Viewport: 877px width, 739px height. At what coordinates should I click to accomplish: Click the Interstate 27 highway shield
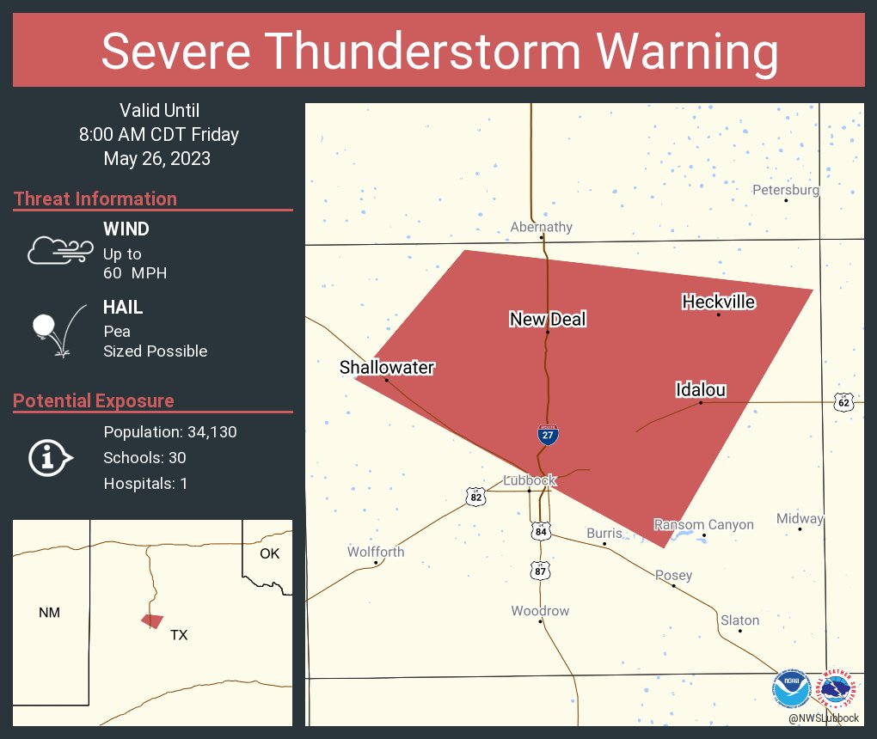pyautogui.click(x=548, y=435)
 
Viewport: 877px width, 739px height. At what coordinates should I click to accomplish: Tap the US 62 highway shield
pyautogui.click(x=843, y=402)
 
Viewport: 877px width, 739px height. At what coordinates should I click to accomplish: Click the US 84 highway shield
pyautogui.click(x=539, y=532)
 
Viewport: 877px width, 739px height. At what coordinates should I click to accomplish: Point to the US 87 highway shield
pyautogui.click(x=540, y=571)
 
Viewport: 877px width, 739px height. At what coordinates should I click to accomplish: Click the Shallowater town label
pyautogui.click(x=387, y=368)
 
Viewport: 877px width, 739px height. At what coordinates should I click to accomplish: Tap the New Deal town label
pyautogui.click(x=548, y=320)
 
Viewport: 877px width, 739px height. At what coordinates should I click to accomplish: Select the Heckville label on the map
pyautogui.click(x=719, y=302)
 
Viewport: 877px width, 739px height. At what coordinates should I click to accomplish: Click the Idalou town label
pyautogui.click(x=701, y=390)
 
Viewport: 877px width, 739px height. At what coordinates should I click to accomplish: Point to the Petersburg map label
pyautogui.click(x=786, y=190)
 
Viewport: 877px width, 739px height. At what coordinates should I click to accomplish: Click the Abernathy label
pyautogui.click(x=541, y=227)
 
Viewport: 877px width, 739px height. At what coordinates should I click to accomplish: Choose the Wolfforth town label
pyautogui.click(x=376, y=552)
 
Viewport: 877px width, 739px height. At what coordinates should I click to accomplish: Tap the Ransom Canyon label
pyautogui.click(x=703, y=524)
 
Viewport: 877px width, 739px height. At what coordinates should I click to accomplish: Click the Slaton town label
pyautogui.click(x=740, y=620)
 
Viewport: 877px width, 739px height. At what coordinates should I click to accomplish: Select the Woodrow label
pyautogui.click(x=540, y=611)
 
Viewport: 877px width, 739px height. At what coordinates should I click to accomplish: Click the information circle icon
pyautogui.click(x=49, y=457)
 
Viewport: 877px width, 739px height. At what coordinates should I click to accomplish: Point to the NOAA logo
pyautogui.click(x=792, y=688)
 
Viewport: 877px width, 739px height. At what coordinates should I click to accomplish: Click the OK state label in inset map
pyautogui.click(x=269, y=553)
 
